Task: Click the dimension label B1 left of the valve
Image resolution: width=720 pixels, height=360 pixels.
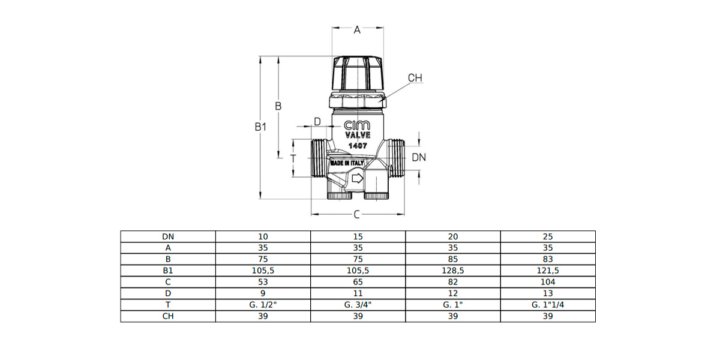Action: (x=260, y=127)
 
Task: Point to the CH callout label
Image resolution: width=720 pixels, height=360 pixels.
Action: (x=415, y=78)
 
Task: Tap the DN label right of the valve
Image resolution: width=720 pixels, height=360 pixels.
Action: (x=418, y=157)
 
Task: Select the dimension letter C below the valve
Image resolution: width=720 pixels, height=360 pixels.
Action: (x=356, y=214)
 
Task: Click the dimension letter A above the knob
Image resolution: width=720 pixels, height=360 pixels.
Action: (x=357, y=30)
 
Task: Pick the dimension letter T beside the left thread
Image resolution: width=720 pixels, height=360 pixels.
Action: (x=293, y=158)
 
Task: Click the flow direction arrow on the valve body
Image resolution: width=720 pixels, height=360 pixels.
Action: (x=357, y=178)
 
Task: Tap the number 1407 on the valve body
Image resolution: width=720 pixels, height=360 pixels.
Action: (x=358, y=146)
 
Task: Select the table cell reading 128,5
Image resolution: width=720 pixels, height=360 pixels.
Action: (x=453, y=271)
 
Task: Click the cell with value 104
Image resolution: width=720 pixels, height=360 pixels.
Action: (x=548, y=282)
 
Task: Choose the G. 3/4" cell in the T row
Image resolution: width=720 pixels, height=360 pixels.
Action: (x=358, y=305)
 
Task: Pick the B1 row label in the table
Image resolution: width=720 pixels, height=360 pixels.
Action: (x=168, y=271)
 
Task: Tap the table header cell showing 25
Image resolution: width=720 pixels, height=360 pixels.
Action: (x=548, y=236)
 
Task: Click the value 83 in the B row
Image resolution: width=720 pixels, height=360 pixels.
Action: (x=548, y=259)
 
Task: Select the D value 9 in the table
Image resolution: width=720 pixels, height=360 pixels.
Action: (x=263, y=293)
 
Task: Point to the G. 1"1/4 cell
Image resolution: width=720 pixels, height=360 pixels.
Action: (x=548, y=305)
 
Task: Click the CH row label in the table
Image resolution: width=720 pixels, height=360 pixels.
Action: (x=168, y=316)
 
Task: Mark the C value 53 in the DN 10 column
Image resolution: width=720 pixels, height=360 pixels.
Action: (x=263, y=282)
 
